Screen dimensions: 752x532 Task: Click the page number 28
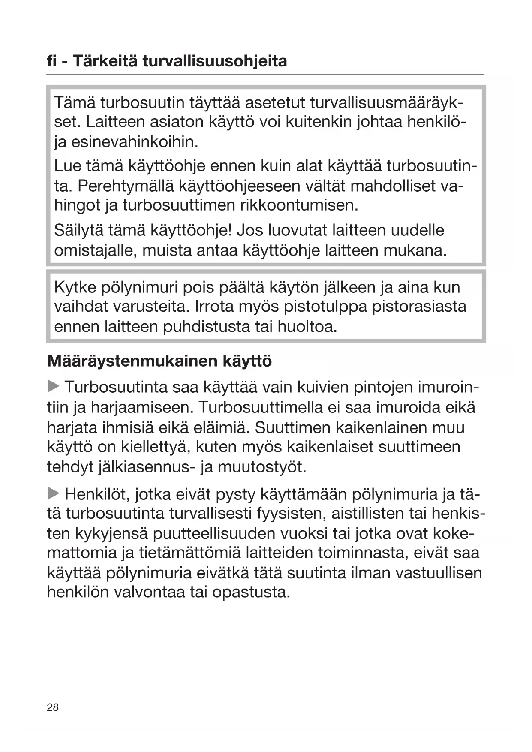click(53, 707)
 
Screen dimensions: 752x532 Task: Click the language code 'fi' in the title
click(52, 61)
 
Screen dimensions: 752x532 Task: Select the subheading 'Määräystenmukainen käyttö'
click(159, 361)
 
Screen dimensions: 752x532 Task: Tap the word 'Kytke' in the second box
click(75, 287)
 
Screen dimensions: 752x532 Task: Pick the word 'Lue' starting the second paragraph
click(67, 166)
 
